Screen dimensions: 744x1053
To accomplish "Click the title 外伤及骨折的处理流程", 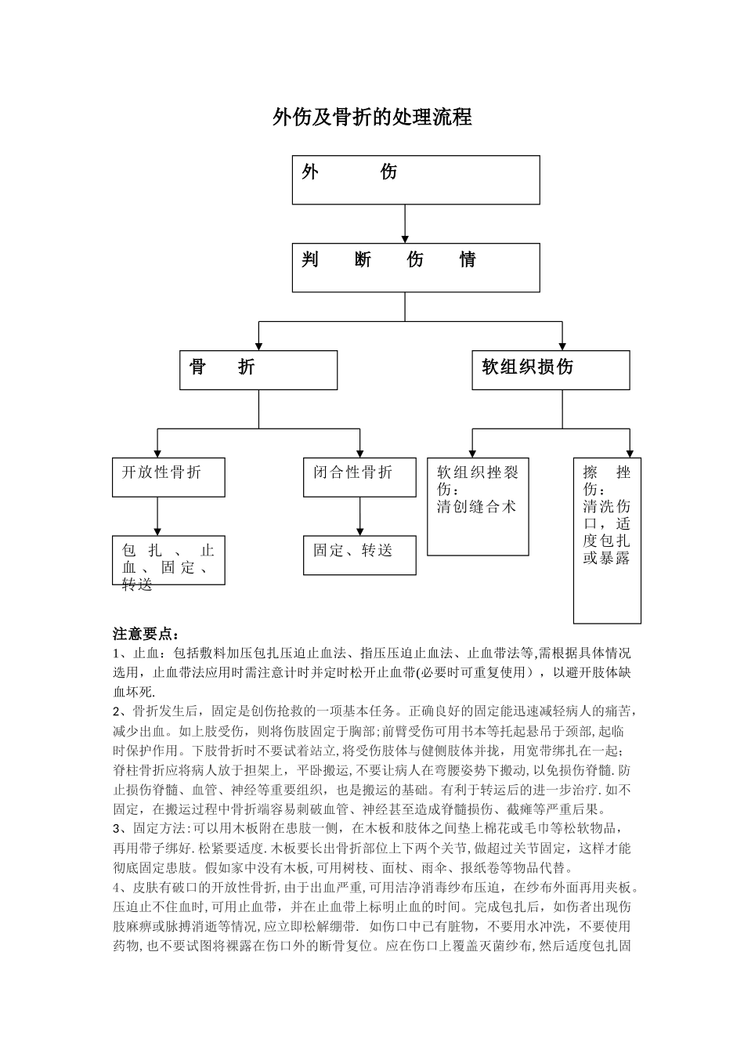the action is (x=372, y=118).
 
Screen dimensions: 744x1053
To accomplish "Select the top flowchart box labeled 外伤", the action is (x=416, y=179).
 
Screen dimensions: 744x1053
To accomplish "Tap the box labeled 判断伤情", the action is (x=416, y=267).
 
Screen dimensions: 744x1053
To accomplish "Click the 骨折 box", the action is (x=258, y=370).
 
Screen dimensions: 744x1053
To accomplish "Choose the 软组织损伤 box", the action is (x=551, y=370).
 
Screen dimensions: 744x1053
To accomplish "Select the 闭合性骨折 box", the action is (x=359, y=477).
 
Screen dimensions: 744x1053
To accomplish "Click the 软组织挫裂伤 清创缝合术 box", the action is (x=478, y=506).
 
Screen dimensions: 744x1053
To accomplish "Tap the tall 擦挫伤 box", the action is (x=607, y=541).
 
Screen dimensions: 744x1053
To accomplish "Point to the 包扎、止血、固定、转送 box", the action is (x=168, y=560).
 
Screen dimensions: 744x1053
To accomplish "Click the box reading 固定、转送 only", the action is (x=359, y=555).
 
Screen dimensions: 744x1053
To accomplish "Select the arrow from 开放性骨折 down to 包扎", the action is (x=158, y=516).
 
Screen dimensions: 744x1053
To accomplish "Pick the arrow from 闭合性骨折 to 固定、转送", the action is (x=360, y=516).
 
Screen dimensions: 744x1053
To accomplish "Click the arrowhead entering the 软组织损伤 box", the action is (x=562, y=346).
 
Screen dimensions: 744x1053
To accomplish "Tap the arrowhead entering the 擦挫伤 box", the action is (x=629, y=453).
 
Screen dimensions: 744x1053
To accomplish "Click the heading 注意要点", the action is (x=146, y=633).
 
